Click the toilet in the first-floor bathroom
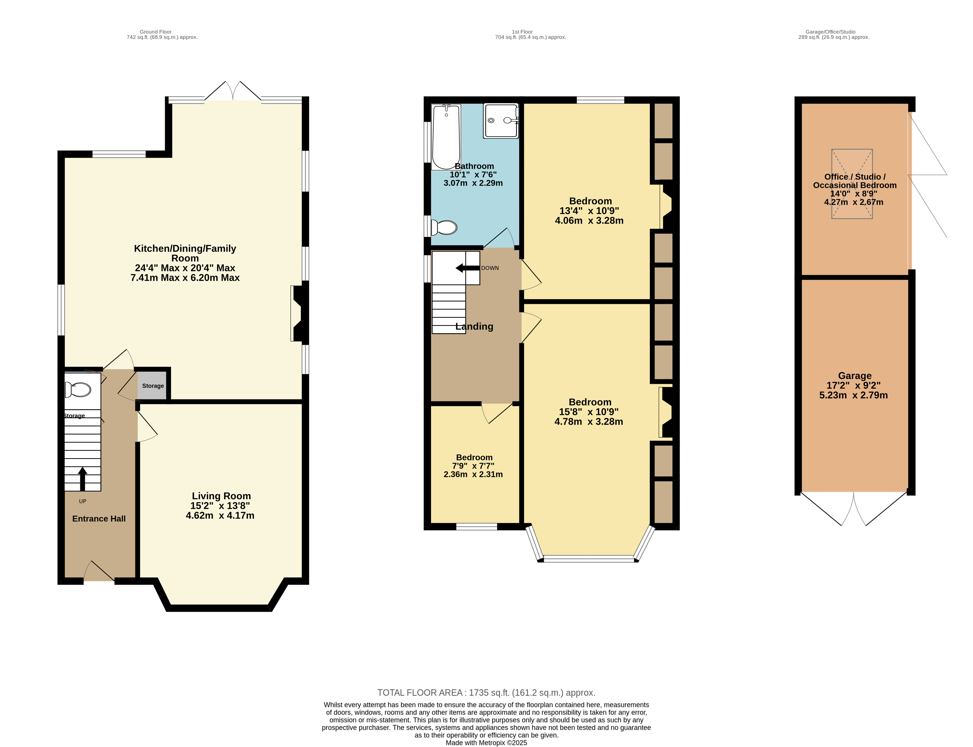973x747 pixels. point(444,228)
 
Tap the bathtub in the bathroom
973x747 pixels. point(446,137)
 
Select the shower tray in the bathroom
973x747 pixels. point(501,121)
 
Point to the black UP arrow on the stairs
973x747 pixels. point(82,479)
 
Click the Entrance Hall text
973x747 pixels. point(99,518)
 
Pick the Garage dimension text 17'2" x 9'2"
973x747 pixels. point(853,385)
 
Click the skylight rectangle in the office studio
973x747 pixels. point(852,184)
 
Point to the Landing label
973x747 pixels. point(474,326)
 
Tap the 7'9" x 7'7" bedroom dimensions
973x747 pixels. point(473,466)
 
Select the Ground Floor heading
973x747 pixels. point(156,32)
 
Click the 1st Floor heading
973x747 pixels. point(522,32)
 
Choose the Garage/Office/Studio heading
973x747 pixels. point(830,32)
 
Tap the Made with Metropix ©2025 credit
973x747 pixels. point(486,743)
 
